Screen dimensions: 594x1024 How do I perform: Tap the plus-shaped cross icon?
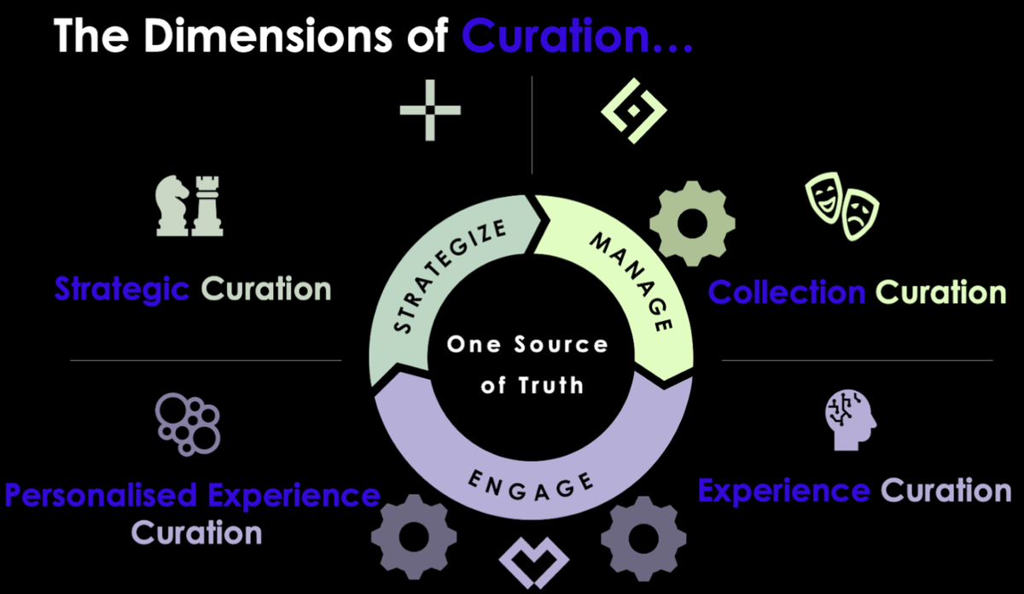[430, 110]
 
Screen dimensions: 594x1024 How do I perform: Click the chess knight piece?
[172, 207]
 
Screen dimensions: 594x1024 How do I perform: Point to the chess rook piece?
[206, 205]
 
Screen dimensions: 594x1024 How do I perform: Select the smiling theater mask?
[824, 197]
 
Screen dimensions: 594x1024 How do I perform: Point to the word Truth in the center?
[551, 385]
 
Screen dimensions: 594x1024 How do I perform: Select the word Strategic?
[122, 289]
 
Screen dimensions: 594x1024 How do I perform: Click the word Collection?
[787, 293]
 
